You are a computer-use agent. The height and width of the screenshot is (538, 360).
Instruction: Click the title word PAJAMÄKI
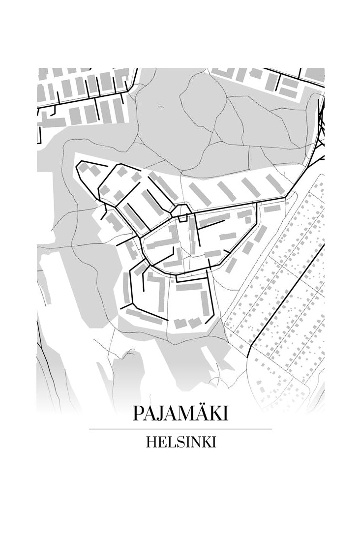180,414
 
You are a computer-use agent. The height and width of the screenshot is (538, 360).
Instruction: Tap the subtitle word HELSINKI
180,442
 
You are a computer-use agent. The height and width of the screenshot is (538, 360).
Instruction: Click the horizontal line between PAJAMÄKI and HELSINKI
180,429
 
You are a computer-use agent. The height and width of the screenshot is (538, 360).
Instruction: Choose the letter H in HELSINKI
151,442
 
